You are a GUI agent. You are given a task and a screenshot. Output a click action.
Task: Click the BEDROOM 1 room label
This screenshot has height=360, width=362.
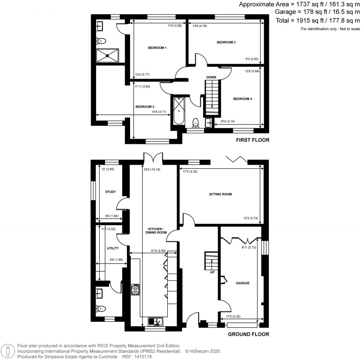click(157, 48)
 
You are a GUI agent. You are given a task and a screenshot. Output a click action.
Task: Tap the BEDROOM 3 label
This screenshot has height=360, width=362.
click(226, 42)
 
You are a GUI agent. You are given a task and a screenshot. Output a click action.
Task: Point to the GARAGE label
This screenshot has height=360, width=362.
click(243, 283)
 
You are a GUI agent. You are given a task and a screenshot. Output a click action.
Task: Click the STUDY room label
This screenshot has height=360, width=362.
click(111, 192)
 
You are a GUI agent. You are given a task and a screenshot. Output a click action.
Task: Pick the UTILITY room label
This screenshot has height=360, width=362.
click(113, 249)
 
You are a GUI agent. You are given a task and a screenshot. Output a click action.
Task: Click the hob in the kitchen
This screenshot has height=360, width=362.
click(135, 290)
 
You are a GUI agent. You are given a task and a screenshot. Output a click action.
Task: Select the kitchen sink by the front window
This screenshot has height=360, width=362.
click(155, 321)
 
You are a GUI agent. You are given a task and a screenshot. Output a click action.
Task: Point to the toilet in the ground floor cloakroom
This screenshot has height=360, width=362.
click(100, 308)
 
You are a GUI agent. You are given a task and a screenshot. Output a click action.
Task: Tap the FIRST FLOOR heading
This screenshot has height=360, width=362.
click(252, 140)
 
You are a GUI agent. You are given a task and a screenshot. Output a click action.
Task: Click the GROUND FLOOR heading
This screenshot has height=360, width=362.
click(249, 334)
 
